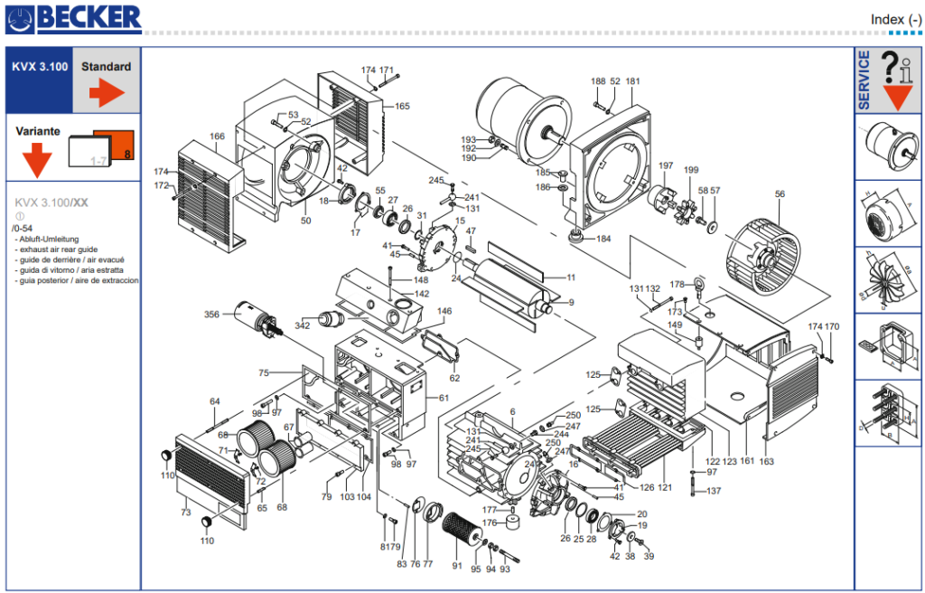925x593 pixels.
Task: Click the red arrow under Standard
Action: pos(106,93)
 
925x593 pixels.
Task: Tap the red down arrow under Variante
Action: pos(37,160)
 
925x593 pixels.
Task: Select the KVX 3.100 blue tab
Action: pos(39,67)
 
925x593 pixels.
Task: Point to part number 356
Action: pos(211,315)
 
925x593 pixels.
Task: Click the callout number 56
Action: pos(780,193)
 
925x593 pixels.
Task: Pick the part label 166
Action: pos(217,136)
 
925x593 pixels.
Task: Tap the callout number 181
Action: pos(632,81)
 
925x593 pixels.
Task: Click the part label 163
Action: pos(767,461)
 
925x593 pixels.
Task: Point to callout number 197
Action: pos(666,165)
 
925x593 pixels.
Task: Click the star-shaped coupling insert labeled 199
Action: pos(693,206)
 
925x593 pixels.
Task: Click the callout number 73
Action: pos(185,513)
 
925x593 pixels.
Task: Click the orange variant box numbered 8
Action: pos(117,144)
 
